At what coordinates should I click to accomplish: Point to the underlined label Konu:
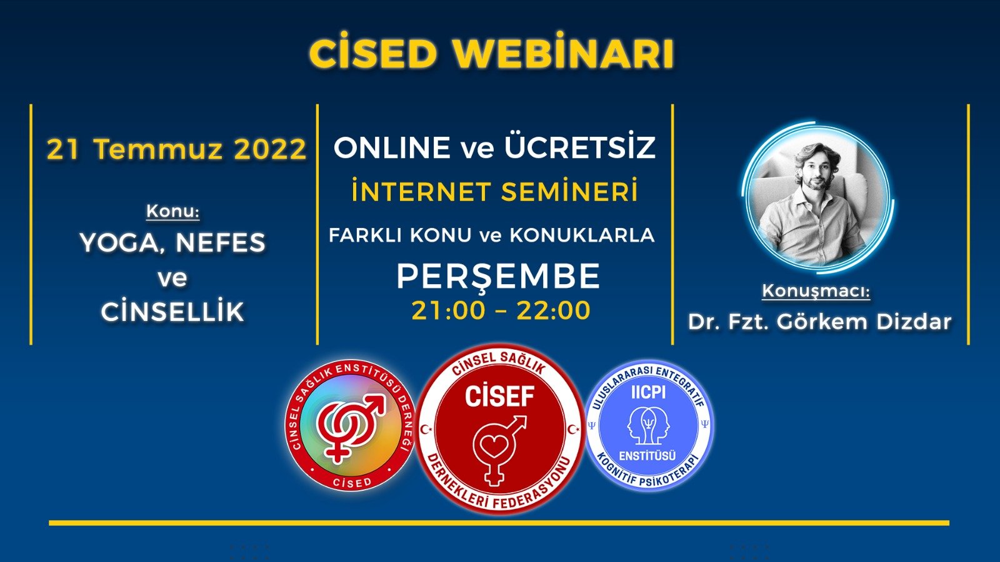tap(172, 211)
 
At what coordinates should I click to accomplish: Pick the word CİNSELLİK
tap(172, 312)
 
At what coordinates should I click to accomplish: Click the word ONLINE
tap(392, 147)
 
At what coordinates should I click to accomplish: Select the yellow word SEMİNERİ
tap(569, 190)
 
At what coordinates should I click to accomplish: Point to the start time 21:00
tap(447, 310)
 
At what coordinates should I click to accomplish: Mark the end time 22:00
tap(553, 310)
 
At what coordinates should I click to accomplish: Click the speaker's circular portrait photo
tap(817, 196)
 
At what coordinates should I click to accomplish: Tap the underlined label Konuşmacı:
tap(816, 291)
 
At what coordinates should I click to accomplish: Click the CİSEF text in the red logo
tap(499, 397)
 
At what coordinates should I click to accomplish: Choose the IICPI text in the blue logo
tap(649, 392)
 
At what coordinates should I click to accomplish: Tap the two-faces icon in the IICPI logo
tap(649, 424)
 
